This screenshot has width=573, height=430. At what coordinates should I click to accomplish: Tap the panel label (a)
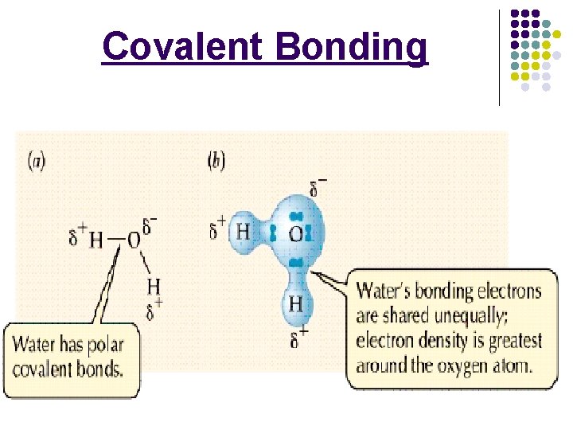[x=37, y=161]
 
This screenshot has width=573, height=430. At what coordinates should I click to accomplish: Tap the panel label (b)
[x=216, y=161]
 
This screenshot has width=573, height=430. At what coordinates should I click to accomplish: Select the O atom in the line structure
[x=133, y=239]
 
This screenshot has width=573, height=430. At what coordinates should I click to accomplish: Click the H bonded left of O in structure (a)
[x=96, y=239]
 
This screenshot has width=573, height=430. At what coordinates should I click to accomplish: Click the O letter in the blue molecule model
[x=295, y=234]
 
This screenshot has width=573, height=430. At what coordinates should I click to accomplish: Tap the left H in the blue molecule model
[x=243, y=233]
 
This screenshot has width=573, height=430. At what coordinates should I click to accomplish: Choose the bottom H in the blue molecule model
[x=295, y=303]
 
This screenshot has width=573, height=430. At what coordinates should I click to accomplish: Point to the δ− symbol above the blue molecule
[x=317, y=188]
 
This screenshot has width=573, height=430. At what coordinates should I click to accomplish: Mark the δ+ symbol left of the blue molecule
[x=216, y=229]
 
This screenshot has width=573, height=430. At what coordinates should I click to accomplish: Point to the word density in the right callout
[x=435, y=341]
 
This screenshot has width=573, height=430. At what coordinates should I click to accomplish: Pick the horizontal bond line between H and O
[x=115, y=239]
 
